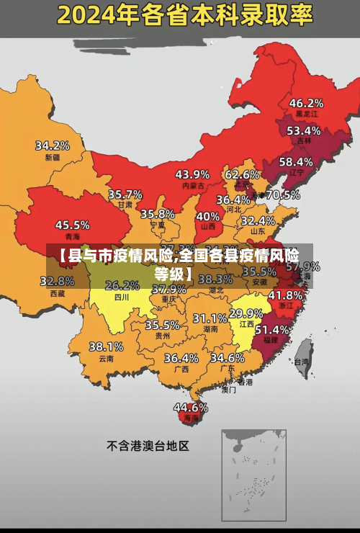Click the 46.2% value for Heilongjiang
(306, 102)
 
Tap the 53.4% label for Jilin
(303, 130)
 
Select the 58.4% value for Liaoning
(296, 161)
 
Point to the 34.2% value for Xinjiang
(53, 145)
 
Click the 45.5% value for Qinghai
(73, 225)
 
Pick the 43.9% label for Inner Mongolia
(192, 174)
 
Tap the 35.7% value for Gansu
(125, 194)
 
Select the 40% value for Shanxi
(208, 215)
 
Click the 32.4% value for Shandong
(258, 220)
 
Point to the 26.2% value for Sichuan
(122, 285)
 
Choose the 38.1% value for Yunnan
(106, 346)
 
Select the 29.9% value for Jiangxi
(246, 313)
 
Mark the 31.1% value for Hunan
(210, 318)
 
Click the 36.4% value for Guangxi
(181, 357)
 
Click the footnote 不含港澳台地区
(148, 446)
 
